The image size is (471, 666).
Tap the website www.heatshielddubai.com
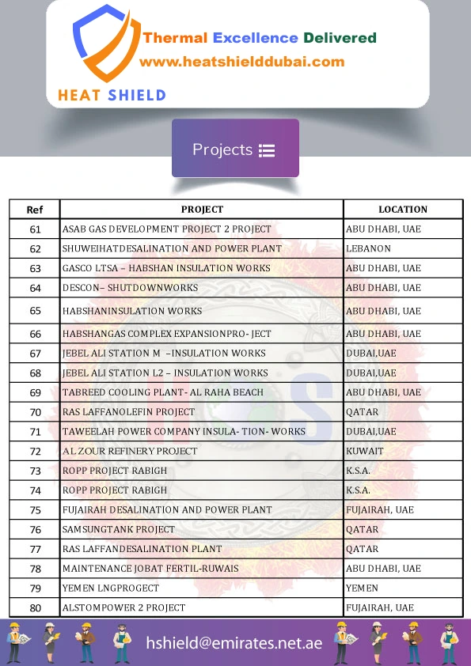241,62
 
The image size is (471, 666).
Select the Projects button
235,149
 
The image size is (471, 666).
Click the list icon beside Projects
266,150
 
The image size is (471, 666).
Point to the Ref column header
35,210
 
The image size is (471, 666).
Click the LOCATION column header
402,210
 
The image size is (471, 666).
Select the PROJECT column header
202,210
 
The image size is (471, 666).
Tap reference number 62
35,248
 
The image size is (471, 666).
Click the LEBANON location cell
368,248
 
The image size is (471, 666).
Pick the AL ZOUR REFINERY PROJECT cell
130,451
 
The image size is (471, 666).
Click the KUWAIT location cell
364,451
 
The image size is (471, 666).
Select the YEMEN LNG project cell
111,588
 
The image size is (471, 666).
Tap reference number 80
35,607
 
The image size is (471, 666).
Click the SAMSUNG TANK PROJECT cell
119,529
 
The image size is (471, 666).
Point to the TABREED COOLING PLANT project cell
162,392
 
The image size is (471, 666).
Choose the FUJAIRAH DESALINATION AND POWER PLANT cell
167,510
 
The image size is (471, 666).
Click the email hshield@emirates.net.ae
234,643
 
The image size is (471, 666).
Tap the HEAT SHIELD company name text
112,96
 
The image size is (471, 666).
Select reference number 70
35,412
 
